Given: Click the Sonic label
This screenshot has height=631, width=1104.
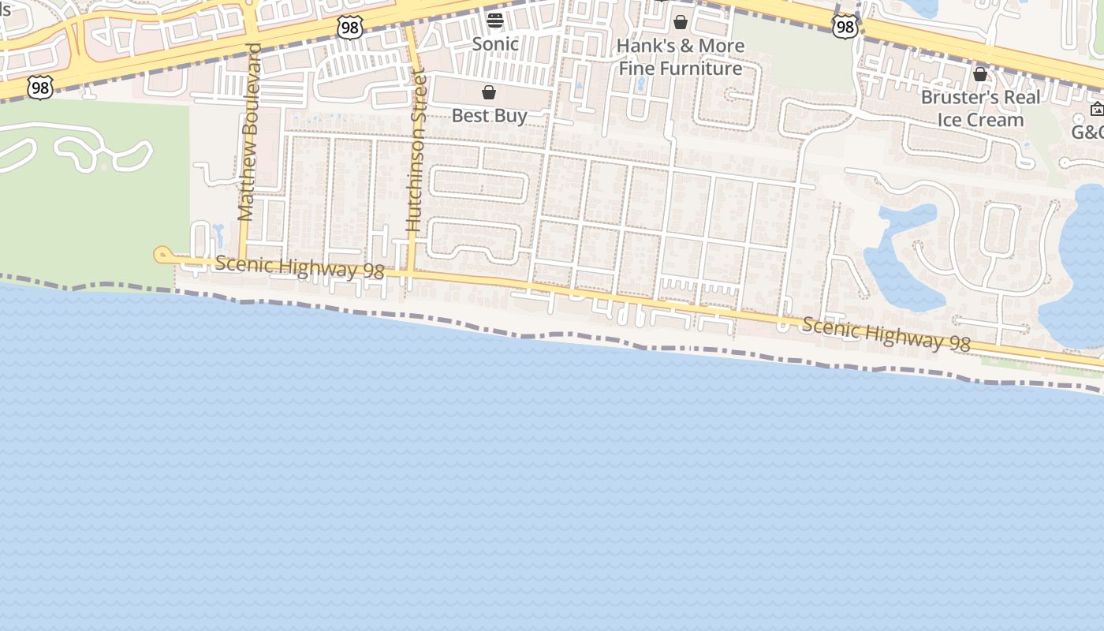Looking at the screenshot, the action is pos(495,44).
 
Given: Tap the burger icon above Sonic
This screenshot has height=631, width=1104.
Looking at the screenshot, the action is pos(495,20).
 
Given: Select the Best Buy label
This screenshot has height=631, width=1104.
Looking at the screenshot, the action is pos(489,116).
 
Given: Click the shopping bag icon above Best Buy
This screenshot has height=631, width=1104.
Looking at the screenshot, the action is pos(489,93).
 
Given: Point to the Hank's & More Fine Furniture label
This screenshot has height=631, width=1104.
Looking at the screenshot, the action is pos(680,57).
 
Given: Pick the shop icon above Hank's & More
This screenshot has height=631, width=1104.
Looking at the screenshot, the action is pos(681,22).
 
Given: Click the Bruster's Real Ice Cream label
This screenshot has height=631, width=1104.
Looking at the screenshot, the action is pos(980,109).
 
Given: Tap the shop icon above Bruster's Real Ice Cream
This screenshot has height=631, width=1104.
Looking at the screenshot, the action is pos(980,74).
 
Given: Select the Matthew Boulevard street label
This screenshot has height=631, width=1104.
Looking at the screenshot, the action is pos(249,132).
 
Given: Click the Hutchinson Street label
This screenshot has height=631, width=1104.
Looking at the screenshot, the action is pos(416,150).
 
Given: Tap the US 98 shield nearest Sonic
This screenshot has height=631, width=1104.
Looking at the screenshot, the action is pos(349,28).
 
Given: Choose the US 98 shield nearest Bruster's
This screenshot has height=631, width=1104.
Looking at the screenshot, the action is pos(845,26).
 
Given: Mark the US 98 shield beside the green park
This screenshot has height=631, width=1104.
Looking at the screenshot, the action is pos(39,87).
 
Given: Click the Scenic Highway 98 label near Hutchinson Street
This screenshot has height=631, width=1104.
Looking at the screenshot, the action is pos(300,267).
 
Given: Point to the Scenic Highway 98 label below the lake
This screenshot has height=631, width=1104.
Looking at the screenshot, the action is pos(886,334).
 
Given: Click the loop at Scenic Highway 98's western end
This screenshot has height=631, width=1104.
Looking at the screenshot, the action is pos(162,254).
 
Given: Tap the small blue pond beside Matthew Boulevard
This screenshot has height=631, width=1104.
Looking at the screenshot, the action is pos(218,234).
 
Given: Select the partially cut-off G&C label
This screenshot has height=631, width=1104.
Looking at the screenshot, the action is pos(1087,133).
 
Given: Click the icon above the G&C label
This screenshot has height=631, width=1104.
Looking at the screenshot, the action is pos(1097,109).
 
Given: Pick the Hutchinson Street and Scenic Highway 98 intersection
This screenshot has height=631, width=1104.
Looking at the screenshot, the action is pos(410,273).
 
